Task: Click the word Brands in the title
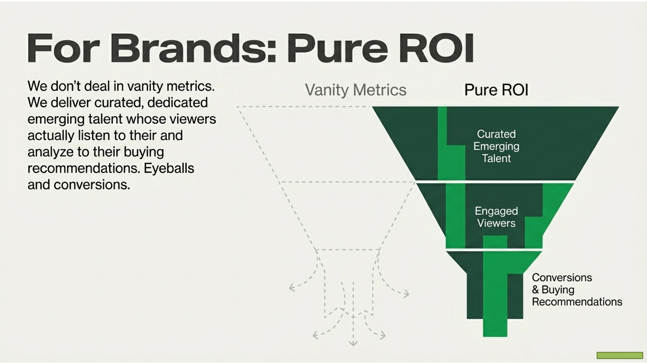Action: click(x=193, y=48)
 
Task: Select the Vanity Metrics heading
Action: click(x=356, y=90)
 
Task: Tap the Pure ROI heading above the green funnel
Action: click(x=496, y=90)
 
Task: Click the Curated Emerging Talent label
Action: click(x=496, y=146)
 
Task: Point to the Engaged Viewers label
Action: click(x=496, y=217)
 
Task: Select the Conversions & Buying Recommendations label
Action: click(x=577, y=289)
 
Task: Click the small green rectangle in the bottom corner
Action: click(x=620, y=355)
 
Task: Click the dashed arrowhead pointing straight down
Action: click(x=353, y=343)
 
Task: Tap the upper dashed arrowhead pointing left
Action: click(x=292, y=287)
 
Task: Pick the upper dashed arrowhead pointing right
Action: click(x=406, y=294)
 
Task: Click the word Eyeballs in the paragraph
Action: click(x=169, y=168)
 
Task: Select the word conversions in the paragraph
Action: click(x=92, y=185)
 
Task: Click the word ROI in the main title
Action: click(x=437, y=48)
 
